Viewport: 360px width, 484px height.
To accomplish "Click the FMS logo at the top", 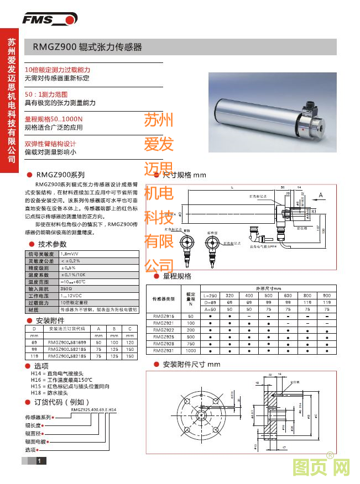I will pos(49,20).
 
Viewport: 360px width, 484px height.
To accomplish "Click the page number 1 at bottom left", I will pos(39,461).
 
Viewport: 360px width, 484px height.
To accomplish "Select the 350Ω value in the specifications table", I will pos(67,288).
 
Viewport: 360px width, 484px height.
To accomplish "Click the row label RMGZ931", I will pos(163,351).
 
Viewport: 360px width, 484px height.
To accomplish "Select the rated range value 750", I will pos(191,344).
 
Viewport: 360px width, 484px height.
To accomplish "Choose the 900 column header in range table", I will pos(326,296).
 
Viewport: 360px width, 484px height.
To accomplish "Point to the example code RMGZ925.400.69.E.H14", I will pos(93,409).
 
